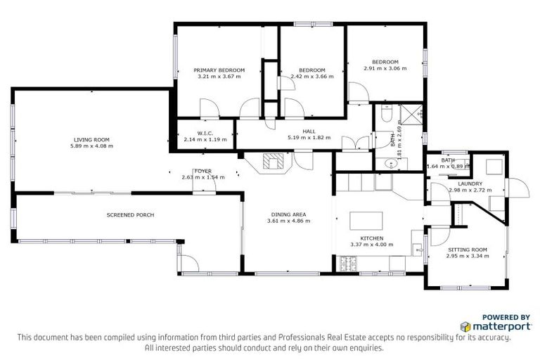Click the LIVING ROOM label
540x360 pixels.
pyautogui.click(x=92, y=139)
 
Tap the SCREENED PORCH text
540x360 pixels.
pyautogui.click(x=130, y=214)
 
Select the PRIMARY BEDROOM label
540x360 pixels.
pyautogui.click(x=219, y=70)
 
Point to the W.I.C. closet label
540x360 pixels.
pyautogui.click(x=205, y=133)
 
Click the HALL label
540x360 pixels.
pyautogui.click(x=309, y=131)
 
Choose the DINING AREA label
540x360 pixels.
pyautogui.click(x=288, y=214)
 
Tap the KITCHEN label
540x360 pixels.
pyautogui.click(x=371, y=238)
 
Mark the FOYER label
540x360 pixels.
pyautogui.click(x=203, y=171)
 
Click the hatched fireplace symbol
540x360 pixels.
pyautogui.click(x=273, y=162)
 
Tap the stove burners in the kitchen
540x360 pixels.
pyautogui.click(x=349, y=264)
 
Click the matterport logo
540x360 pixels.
pyautogui.click(x=491, y=327)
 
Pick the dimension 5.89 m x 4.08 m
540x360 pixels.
pyautogui.click(x=92, y=146)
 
